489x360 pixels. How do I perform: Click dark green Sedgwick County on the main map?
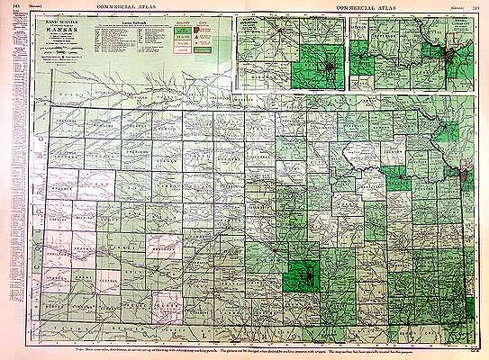pos(303,273)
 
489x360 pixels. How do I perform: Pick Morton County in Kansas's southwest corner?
pos(57,307)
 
